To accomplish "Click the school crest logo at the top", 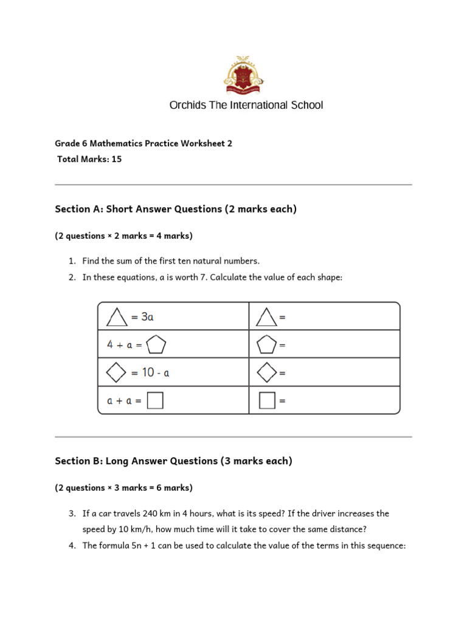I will coord(245,75).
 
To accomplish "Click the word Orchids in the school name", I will coord(187,105).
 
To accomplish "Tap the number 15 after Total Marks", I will coord(117,159).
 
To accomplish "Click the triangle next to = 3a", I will coord(117,316).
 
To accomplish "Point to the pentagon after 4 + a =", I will coord(156,344).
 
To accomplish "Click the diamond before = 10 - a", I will coord(117,372).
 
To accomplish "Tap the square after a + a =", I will coord(155,401).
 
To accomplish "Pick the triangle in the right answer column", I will coord(266,316).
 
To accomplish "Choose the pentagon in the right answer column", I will coord(266,344).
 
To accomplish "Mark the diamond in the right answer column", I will coord(266,372).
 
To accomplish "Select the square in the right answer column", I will coord(266,401).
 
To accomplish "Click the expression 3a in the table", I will coord(147,316).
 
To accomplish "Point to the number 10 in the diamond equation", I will coord(148,372).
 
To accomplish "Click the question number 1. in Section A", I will coord(72,261).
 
